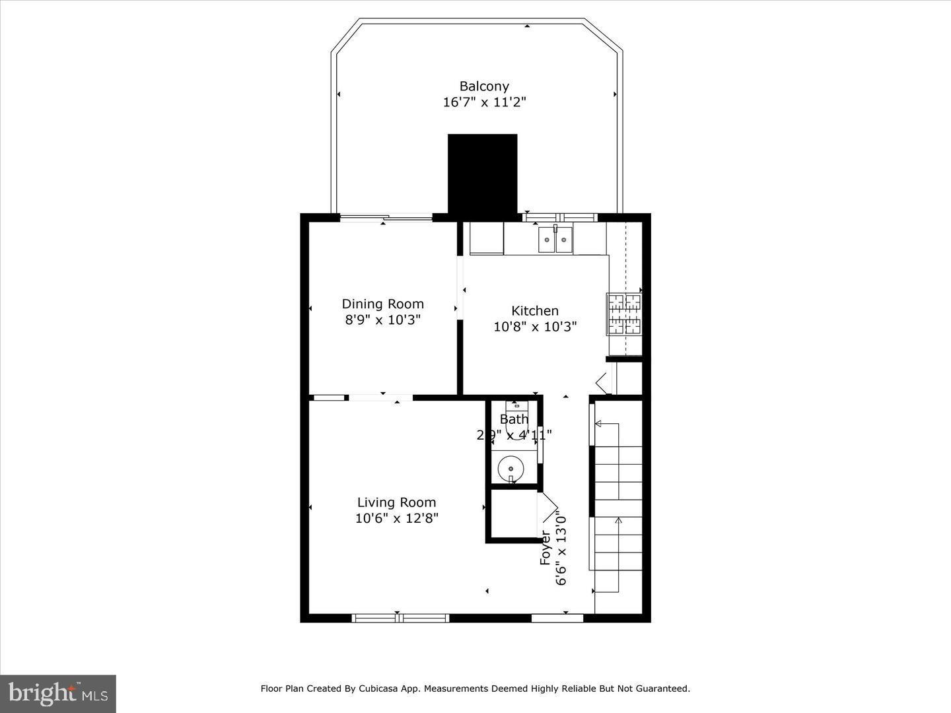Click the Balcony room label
point(484,86)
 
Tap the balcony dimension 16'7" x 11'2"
point(484,102)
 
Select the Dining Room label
point(382,304)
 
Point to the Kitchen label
point(535,310)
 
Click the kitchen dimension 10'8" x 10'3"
point(535,326)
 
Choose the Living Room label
point(396,502)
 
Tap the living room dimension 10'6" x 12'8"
point(396,518)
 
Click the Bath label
point(514,419)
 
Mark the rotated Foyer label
point(546,547)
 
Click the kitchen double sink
point(555,240)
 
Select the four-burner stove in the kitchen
point(624,314)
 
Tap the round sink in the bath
point(511,468)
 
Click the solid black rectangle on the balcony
point(482,174)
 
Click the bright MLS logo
point(58,693)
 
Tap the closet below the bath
point(512,515)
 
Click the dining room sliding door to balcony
point(386,217)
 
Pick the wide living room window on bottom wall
point(400,618)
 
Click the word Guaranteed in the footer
point(662,689)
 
